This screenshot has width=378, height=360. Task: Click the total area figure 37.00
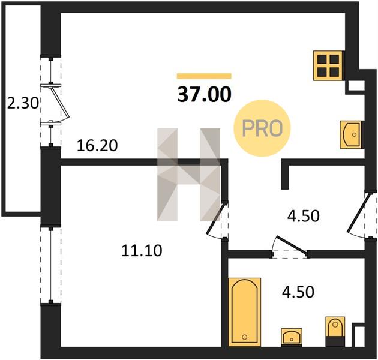click(x=204, y=95)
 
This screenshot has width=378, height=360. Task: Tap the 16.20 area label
click(x=97, y=146)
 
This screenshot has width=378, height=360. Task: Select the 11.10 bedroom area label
click(x=142, y=250)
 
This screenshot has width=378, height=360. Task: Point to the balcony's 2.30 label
click(x=23, y=104)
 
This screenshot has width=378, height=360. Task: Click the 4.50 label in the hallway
click(x=304, y=216)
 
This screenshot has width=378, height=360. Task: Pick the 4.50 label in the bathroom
click(x=298, y=292)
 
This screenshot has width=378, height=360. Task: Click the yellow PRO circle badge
click(x=262, y=128)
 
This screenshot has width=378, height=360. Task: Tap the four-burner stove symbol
click(x=328, y=65)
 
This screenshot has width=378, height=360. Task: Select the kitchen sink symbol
click(x=351, y=134)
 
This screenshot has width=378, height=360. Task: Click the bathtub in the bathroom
click(x=244, y=312)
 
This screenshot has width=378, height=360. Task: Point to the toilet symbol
click(x=335, y=331)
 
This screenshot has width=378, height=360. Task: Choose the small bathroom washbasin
click(x=292, y=337)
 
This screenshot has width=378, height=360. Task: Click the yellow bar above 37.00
click(x=204, y=76)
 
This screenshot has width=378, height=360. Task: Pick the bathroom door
click(x=291, y=245)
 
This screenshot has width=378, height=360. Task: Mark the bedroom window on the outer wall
click(x=50, y=265)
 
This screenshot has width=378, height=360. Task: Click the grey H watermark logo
click(x=189, y=175)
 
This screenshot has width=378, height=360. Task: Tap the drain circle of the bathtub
click(x=245, y=337)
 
